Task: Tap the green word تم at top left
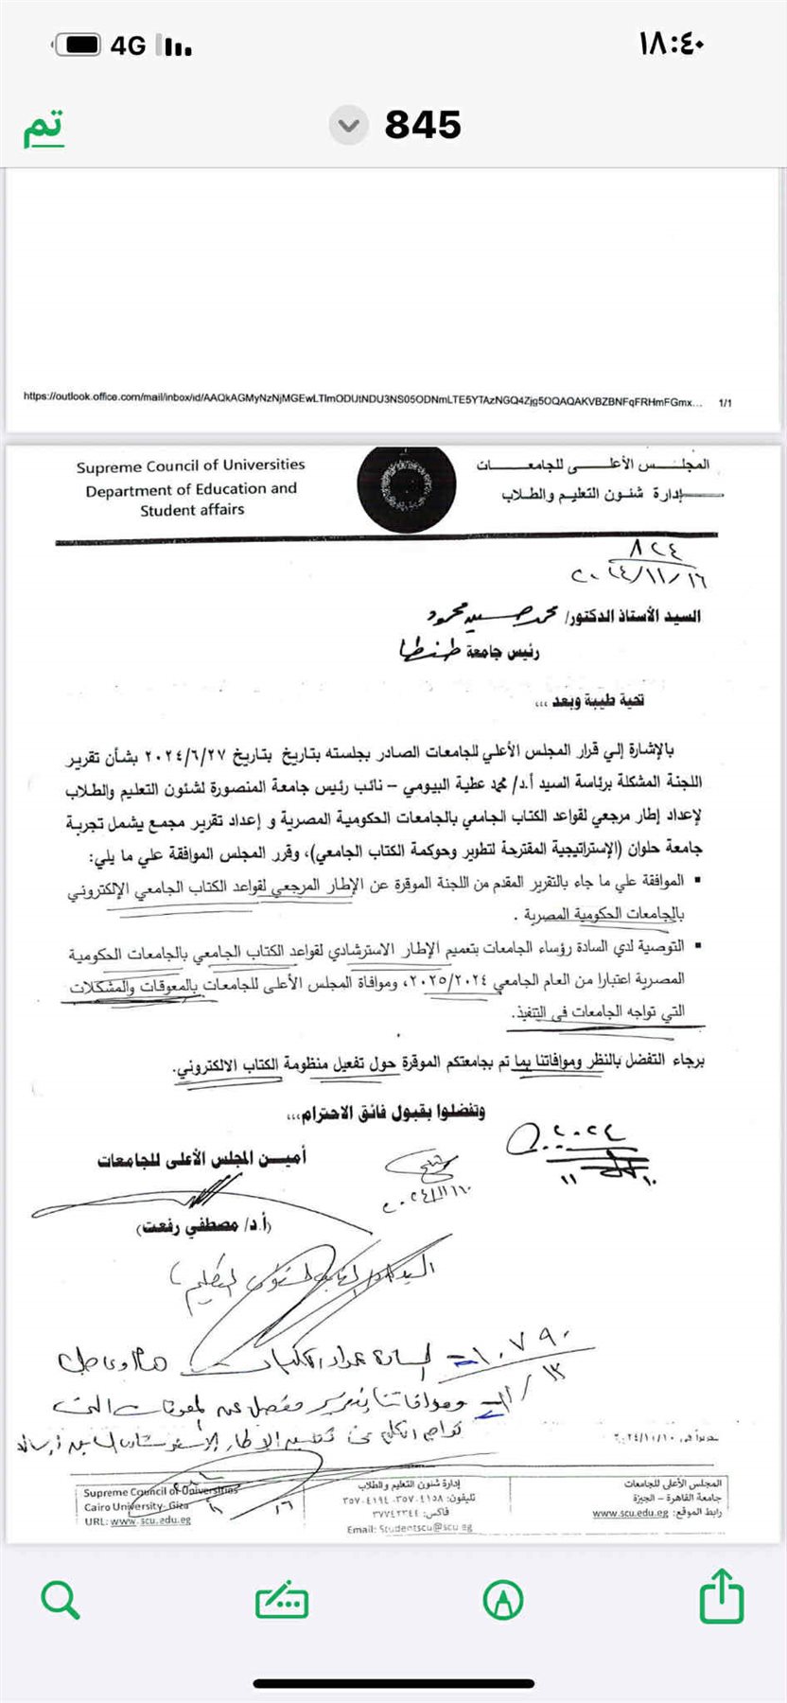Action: [x=44, y=127]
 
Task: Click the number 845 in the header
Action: [x=423, y=125]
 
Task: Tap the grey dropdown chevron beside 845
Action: [x=349, y=125]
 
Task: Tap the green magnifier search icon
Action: [x=61, y=1600]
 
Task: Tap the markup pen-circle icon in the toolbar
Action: [x=503, y=1600]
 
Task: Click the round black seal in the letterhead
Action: [x=407, y=485]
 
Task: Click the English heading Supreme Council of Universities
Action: [x=190, y=465]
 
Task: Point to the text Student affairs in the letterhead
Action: [x=192, y=510]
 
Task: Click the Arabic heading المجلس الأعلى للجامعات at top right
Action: [x=592, y=465]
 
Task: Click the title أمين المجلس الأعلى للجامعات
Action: [x=201, y=1159]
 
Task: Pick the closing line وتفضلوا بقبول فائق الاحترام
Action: [x=384, y=1114]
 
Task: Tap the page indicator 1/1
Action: [x=726, y=403]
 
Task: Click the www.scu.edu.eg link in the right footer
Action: [x=630, y=1513]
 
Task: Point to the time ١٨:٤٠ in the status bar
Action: [x=672, y=44]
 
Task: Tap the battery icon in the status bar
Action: [x=78, y=44]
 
